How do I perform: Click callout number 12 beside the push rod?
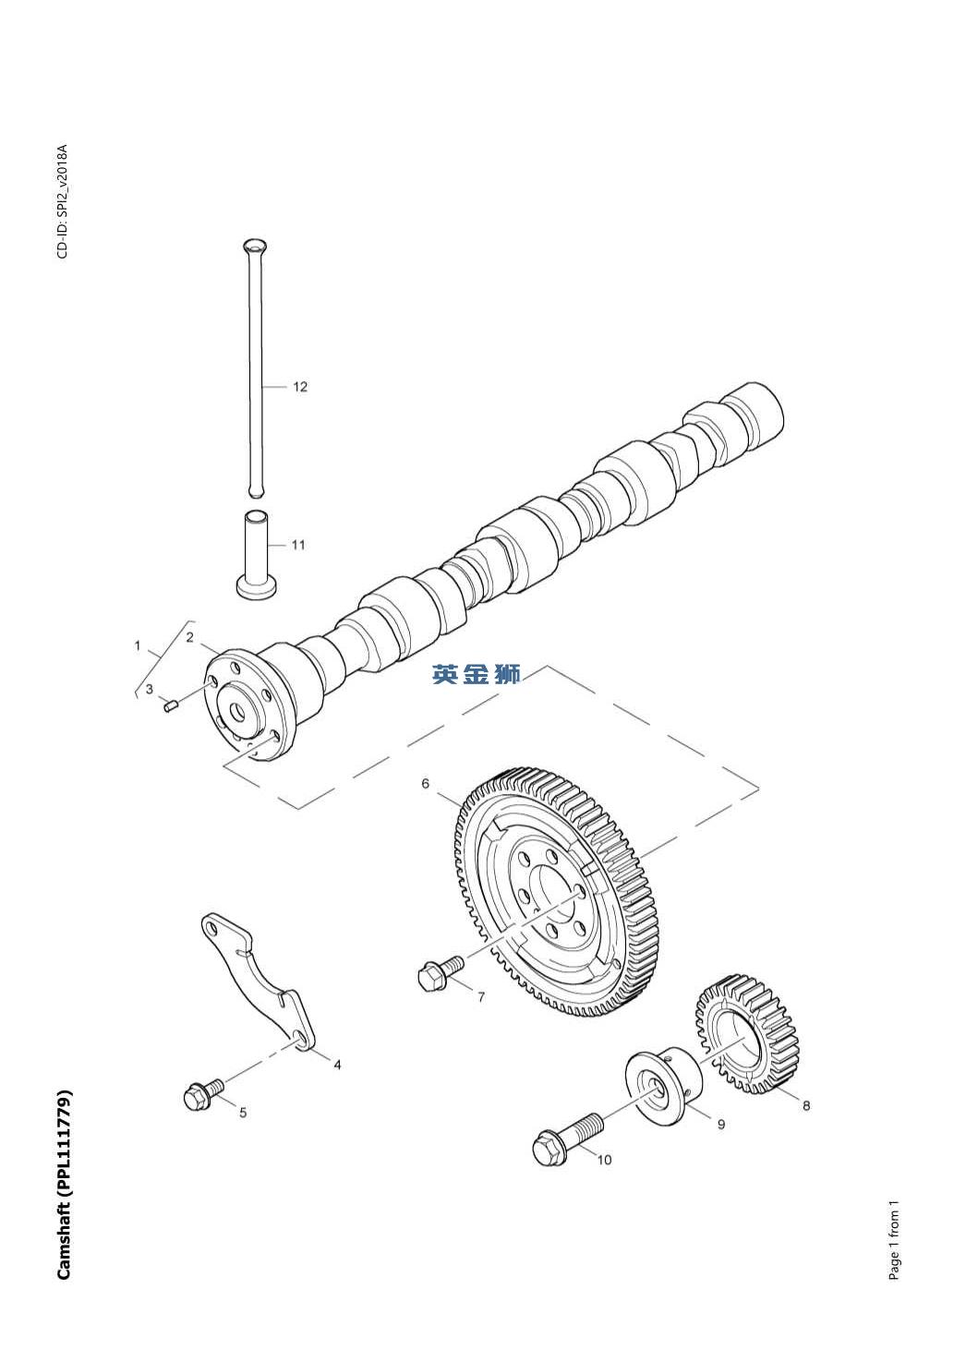(x=300, y=387)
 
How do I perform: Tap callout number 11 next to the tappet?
(x=298, y=545)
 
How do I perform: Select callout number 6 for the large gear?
(x=426, y=784)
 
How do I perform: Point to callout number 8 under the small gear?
(x=806, y=1105)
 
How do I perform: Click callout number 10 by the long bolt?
(x=604, y=1160)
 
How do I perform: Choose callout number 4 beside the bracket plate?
(x=338, y=1065)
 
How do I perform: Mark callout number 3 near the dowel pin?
(x=150, y=689)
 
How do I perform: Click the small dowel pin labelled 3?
(x=170, y=706)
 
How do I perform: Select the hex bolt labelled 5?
(x=203, y=1095)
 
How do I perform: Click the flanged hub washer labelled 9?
(x=660, y=1086)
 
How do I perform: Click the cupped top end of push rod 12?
(x=255, y=246)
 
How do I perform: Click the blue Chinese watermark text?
(x=477, y=675)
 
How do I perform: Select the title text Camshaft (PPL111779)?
(x=64, y=1186)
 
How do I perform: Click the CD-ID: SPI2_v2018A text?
(x=63, y=201)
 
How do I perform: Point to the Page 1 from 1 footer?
(x=893, y=1240)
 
